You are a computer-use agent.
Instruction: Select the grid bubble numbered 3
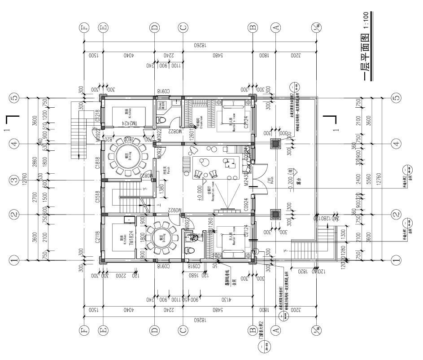14,180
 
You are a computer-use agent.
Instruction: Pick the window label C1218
98,117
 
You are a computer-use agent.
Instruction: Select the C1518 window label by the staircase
98,197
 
